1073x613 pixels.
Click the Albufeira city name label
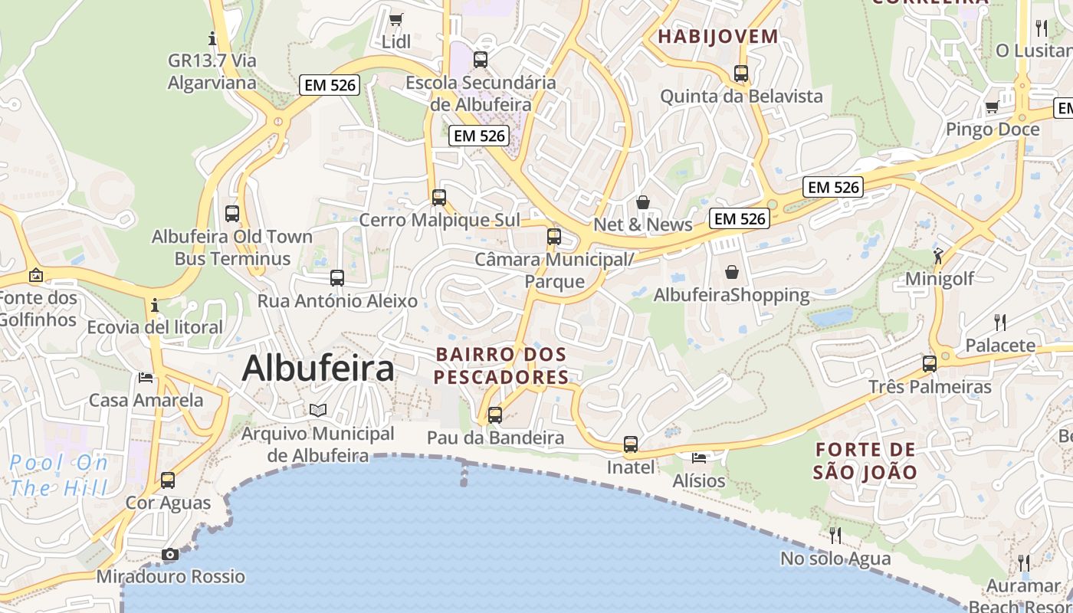[x=318, y=369]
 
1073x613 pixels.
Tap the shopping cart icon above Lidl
[x=395, y=19]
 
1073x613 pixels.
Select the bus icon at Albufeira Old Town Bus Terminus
[x=232, y=214]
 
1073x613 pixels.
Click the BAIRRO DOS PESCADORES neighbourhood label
[x=501, y=366]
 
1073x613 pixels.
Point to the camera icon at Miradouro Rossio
[x=170, y=554]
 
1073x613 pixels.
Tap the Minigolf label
[x=940, y=278]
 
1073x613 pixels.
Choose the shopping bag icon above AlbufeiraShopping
[x=732, y=272]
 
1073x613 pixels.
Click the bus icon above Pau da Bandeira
[x=495, y=415]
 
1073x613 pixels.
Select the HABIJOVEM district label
[x=718, y=36]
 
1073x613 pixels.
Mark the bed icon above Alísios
[x=699, y=458]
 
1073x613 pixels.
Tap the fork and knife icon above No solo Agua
[x=835, y=535]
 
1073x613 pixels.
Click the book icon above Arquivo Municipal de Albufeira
[x=318, y=411]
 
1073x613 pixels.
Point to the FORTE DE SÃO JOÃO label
[x=865, y=461]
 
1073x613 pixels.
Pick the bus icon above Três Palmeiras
[x=930, y=364]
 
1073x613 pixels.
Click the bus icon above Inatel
[x=631, y=444]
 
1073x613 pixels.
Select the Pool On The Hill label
[x=60, y=475]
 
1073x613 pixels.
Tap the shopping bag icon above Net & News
[x=643, y=202]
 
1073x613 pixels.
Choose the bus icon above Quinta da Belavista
[x=741, y=74]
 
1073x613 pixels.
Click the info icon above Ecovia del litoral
[x=155, y=305]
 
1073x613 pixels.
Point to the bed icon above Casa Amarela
[x=146, y=377]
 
